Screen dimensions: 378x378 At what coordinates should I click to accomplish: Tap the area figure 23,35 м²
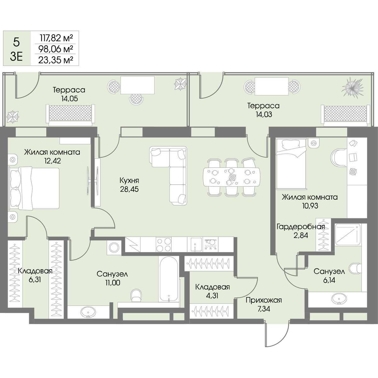56,60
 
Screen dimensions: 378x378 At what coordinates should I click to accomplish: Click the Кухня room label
129,180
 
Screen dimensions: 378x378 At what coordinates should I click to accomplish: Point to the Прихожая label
264,300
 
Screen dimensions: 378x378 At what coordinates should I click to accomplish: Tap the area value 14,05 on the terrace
69,99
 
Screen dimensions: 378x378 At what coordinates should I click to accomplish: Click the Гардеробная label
301,227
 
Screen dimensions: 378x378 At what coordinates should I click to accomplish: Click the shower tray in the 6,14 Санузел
347,235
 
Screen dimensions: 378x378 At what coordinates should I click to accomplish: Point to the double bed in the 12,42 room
34,188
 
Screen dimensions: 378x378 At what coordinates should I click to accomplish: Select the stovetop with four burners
163,244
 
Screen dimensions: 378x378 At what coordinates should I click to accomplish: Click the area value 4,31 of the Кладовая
212,295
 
